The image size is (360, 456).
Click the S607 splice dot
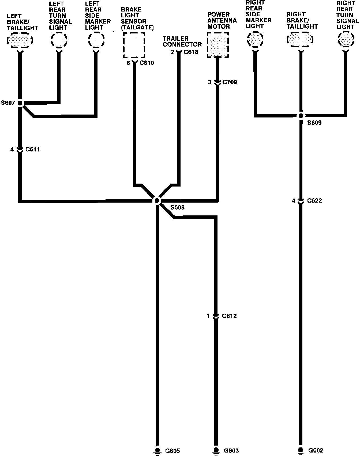20,103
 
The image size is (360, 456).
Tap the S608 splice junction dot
157,200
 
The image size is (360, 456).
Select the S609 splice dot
301,116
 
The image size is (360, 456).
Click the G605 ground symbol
157,451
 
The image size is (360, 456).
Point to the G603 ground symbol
216,451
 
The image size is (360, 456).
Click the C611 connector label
32,149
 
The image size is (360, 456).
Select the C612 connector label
229,316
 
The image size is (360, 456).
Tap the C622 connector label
314,200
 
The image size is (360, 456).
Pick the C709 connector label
230,82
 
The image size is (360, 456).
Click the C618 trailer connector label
191,52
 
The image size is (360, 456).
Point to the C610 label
147,63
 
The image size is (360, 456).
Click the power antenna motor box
218,45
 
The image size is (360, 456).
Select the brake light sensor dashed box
134,45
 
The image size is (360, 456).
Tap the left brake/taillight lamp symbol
20,40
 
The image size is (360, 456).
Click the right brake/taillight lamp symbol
300,40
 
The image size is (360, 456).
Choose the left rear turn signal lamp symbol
59,40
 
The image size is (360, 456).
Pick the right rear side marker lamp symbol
255,39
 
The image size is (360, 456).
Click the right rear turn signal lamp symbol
346,39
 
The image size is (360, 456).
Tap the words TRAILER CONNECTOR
182,41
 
